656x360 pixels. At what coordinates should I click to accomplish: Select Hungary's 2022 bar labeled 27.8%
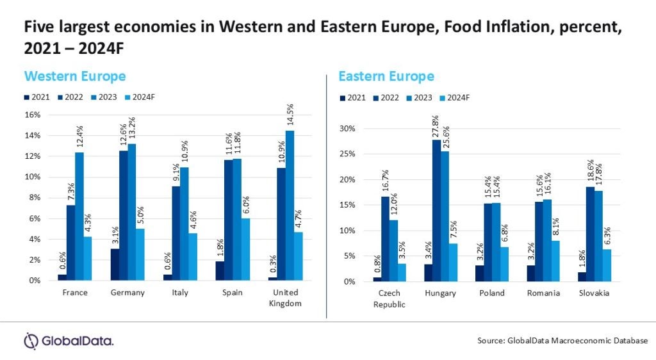click(436, 211)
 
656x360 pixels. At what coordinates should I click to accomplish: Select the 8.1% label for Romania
click(556, 225)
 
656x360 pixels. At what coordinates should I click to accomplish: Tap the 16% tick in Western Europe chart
click(32, 115)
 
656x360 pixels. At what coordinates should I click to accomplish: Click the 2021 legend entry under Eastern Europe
click(354, 98)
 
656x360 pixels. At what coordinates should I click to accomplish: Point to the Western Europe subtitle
click(74, 76)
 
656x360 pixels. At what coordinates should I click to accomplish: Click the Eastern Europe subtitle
click(386, 77)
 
